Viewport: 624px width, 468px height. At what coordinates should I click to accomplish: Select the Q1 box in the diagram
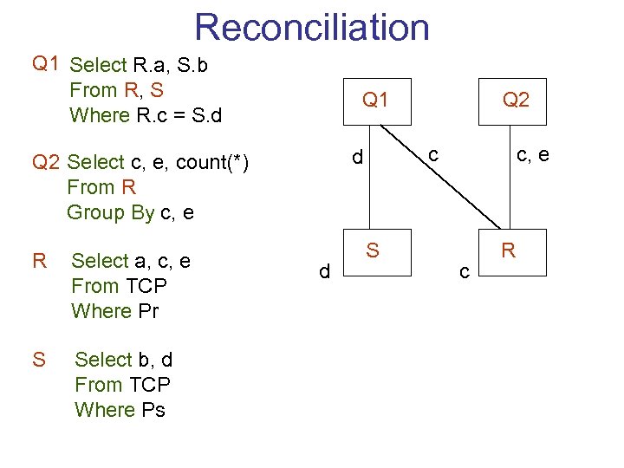pos(375,101)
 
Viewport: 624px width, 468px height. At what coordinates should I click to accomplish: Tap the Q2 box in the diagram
pos(516,101)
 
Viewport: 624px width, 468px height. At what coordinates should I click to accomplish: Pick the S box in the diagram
pos(373,251)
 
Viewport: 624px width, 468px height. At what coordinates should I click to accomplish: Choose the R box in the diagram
pos(509,251)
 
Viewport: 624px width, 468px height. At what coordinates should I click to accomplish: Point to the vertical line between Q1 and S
pos(371,191)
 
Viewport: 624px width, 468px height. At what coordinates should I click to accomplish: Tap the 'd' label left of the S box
pos(324,272)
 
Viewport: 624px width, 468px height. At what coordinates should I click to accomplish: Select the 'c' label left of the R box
pos(465,272)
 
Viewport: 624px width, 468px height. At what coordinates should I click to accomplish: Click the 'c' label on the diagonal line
pos(434,154)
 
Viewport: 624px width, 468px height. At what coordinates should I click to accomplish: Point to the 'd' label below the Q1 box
pos(356,158)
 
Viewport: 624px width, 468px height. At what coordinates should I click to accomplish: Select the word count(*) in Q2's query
pos(212,162)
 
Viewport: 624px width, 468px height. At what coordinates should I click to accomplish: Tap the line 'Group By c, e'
pos(130,212)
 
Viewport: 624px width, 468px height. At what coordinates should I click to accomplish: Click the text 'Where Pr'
pos(114,310)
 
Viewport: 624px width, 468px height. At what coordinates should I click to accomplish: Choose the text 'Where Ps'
pos(120,409)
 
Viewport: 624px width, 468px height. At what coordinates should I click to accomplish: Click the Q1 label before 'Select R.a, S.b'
pos(45,63)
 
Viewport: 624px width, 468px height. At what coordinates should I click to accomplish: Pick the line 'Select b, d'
pos(123,360)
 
